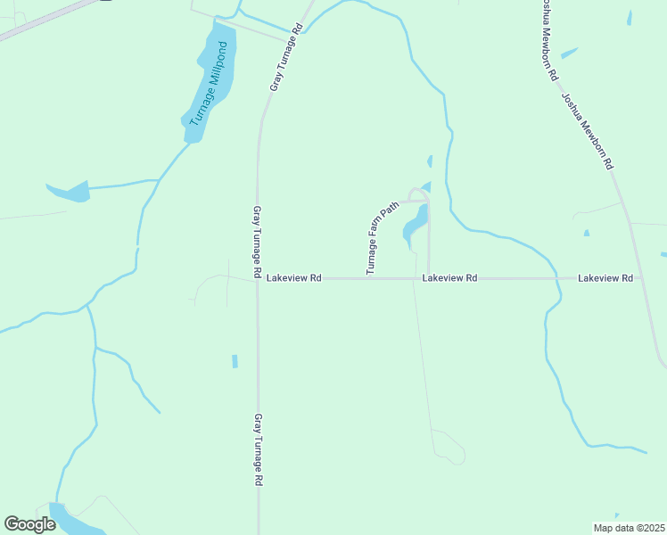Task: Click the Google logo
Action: [30, 523]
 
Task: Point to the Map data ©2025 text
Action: [628, 528]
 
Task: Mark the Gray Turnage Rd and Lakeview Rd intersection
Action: [258, 279]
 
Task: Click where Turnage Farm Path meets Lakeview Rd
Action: [429, 278]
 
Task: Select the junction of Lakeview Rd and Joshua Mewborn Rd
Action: [638, 278]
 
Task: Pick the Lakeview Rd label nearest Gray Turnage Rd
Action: [293, 279]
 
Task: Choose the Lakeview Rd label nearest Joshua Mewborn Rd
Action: [605, 279]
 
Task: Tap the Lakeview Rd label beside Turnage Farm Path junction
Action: [449, 279]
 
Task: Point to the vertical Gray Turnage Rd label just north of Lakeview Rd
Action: [257, 241]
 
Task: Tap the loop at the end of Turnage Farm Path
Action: [416, 193]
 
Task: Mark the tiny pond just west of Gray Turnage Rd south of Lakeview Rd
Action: [235, 361]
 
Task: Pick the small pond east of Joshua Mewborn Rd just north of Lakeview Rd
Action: [586, 233]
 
